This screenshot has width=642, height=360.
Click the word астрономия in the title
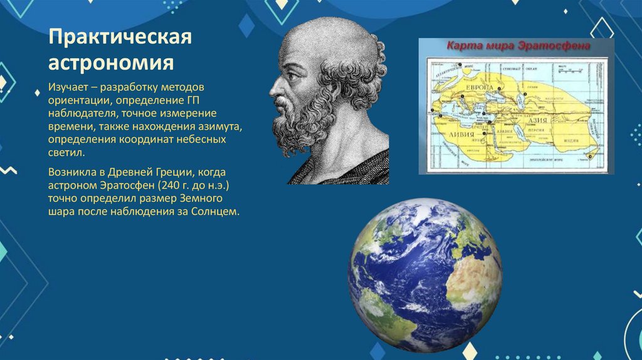[x=111, y=63]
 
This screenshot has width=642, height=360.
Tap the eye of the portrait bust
[x=293, y=77]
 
